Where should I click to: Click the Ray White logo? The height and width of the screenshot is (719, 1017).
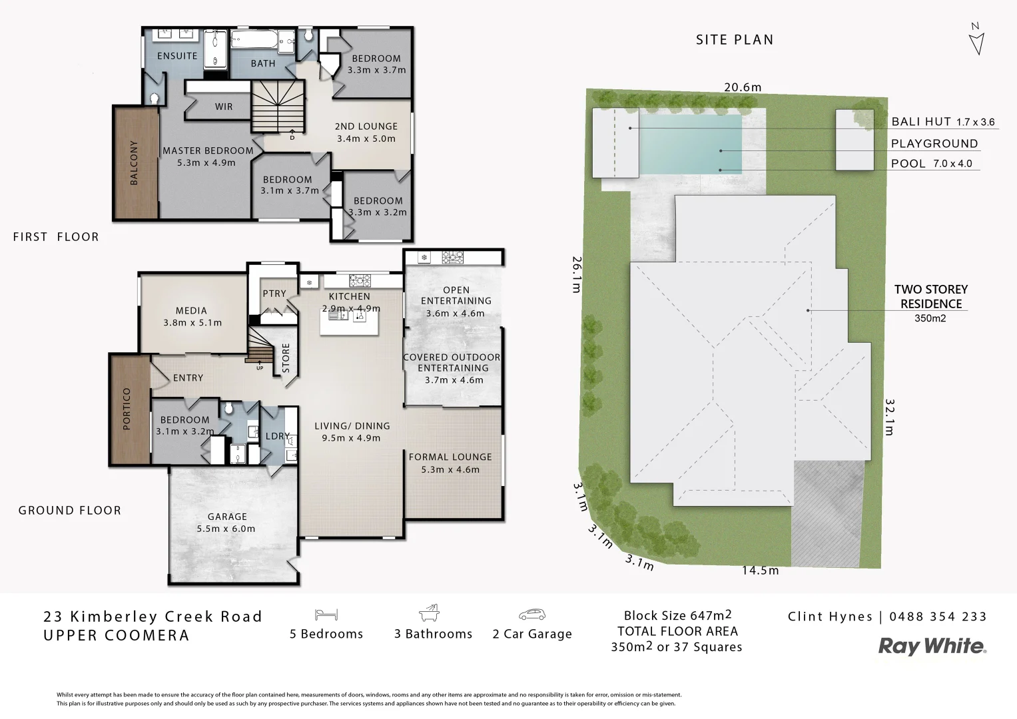(x=932, y=646)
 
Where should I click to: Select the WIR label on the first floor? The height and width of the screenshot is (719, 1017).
(x=224, y=107)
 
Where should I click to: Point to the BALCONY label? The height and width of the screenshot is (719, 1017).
(x=135, y=162)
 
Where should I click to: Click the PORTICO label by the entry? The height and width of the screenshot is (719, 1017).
(x=127, y=409)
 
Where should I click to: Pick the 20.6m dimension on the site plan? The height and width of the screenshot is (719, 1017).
(x=743, y=87)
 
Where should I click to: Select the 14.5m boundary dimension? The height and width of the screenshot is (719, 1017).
(x=760, y=571)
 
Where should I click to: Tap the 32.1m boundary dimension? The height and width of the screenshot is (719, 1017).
(x=889, y=417)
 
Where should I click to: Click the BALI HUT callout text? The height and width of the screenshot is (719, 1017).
(x=921, y=122)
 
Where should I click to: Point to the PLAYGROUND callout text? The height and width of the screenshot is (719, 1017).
(x=934, y=143)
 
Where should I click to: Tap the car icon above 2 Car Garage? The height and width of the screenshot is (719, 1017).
(x=531, y=614)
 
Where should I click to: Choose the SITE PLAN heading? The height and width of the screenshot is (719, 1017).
(x=735, y=40)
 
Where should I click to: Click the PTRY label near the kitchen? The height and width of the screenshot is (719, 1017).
(x=274, y=294)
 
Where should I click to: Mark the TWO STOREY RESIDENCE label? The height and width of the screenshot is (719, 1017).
(x=930, y=297)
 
